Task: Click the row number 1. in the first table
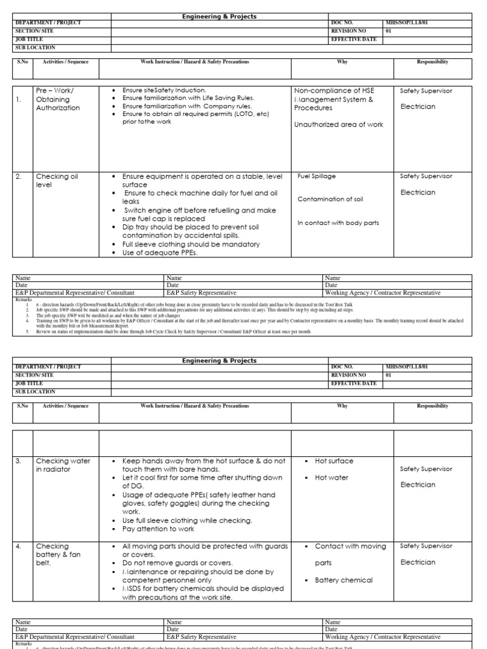point(20,100)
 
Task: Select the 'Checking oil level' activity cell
point(56,180)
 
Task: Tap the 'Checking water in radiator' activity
point(63,465)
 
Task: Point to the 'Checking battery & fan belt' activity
point(58,555)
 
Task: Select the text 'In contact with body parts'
point(337,222)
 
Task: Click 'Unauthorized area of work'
point(339,125)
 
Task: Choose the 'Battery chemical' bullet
point(344,580)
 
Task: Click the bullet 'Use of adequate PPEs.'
point(160,253)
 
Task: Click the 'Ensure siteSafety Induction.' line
point(164,91)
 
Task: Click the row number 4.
point(20,546)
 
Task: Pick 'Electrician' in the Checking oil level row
point(418,193)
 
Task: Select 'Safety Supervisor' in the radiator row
point(426,469)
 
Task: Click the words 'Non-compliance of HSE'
point(333,91)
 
